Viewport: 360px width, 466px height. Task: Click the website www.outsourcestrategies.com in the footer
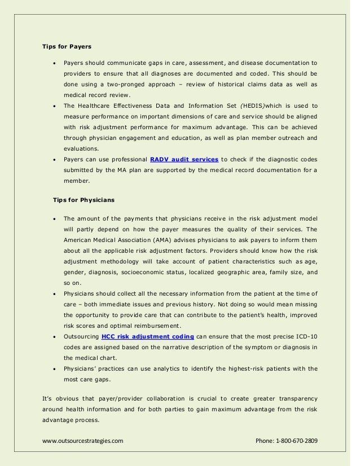pyautogui.click(x=83, y=440)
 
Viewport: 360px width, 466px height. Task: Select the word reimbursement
pyautogui.click(x=157, y=326)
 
